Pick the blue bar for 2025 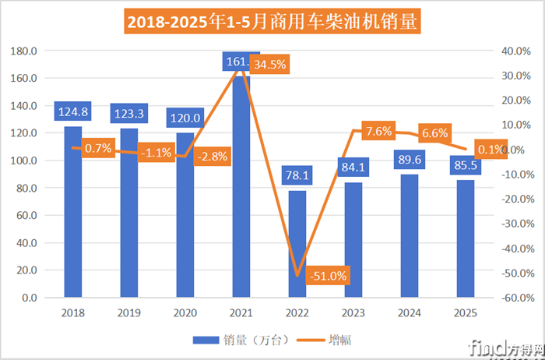466,238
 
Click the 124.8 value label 73,111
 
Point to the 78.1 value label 297,175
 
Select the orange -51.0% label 327,275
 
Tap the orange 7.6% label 378,131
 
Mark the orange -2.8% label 212,156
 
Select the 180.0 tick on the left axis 26,51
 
